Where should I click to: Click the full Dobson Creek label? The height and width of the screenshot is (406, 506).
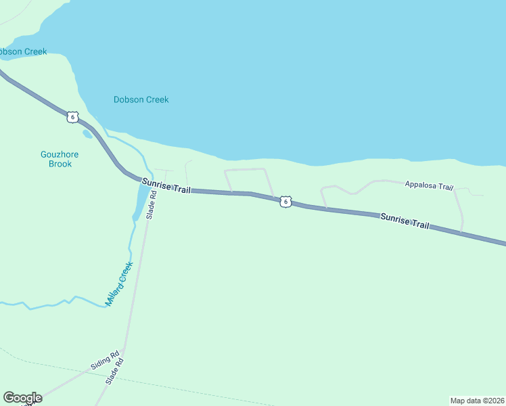(141, 99)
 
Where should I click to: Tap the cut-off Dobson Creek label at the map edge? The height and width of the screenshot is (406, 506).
(22, 51)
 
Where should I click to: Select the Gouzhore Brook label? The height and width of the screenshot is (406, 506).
(60, 159)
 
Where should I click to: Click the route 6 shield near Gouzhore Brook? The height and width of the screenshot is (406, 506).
(72, 117)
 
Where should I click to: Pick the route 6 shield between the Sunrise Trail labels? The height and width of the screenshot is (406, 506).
(286, 202)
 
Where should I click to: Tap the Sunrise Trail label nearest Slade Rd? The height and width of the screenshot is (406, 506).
(166, 186)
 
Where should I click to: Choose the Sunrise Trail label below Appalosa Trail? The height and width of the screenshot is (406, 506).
(405, 221)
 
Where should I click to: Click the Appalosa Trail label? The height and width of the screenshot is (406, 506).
(428, 185)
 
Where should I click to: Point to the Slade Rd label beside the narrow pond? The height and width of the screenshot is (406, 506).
(152, 204)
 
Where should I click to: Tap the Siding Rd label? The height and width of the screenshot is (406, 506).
(105, 360)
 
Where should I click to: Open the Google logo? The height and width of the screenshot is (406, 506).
(22, 398)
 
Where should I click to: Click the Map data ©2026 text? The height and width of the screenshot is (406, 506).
(477, 401)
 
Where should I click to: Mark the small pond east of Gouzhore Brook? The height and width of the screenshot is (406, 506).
(87, 134)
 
